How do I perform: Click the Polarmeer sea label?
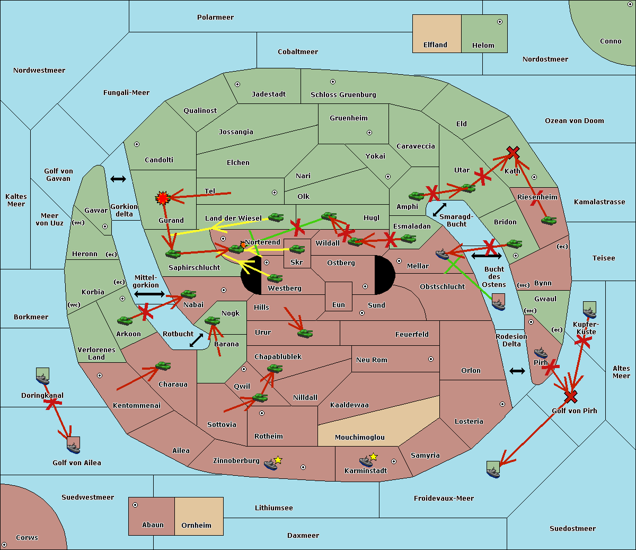point(215,18)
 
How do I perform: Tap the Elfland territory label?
point(435,45)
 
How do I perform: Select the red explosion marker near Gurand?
point(162,198)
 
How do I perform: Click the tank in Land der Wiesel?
point(276,217)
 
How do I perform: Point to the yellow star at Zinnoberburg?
point(278,460)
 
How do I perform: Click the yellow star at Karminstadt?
point(374,457)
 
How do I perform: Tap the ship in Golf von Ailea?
point(73,447)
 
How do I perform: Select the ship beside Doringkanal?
point(43,378)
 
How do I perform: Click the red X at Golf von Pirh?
point(570,396)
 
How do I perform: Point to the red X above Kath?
point(513,153)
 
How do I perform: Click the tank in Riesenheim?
point(549,220)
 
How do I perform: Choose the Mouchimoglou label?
point(359,438)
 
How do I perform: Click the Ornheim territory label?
point(196,526)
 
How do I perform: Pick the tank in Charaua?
point(163,366)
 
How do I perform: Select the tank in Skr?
point(297,248)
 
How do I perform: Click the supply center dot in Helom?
point(499,22)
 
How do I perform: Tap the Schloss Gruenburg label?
point(343,95)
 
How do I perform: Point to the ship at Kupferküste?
point(589,312)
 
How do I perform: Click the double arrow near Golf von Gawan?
point(118,179)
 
